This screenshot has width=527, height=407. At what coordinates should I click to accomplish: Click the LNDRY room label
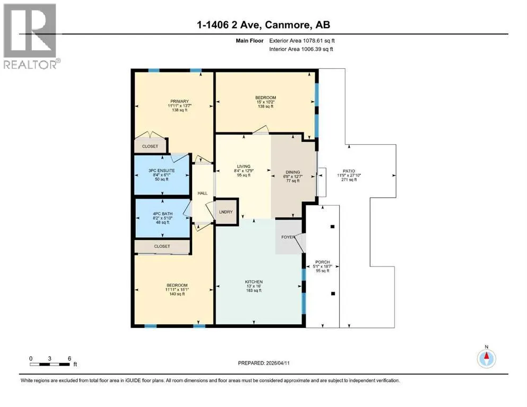[x=226, y=212]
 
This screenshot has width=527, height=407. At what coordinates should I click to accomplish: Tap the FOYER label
[x=288, y=237]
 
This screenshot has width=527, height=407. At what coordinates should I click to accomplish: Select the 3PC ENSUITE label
[x=162, y=171]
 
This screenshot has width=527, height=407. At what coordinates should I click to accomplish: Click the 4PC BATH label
[x=163, y=214]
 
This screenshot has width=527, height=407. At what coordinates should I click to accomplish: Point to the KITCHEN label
[x=254, y=282]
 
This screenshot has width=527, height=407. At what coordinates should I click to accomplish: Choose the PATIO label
[x=349, y=171]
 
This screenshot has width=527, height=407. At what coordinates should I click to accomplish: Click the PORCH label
[x=323, y=262]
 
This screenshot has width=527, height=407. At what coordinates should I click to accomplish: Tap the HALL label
[x=202, y=193]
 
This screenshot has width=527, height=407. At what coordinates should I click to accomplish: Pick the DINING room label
[x=293, y=172]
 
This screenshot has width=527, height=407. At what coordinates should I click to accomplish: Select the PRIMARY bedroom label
[x=179, y=101]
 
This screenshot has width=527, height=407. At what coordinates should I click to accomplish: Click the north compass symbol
[x=486, y=358]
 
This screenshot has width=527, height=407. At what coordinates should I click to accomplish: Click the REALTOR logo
[x=31, y=36]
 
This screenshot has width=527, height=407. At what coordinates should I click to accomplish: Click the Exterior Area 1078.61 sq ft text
[x=302, y=41]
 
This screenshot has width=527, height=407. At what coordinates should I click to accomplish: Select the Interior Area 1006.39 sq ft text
[x=301, y=49]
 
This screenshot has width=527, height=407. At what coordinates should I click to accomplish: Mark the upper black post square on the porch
[x=332, y=226]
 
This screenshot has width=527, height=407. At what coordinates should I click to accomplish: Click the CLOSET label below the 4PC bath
[x=162, y=246]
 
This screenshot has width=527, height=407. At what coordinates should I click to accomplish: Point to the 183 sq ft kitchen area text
[x=254, y=290]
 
